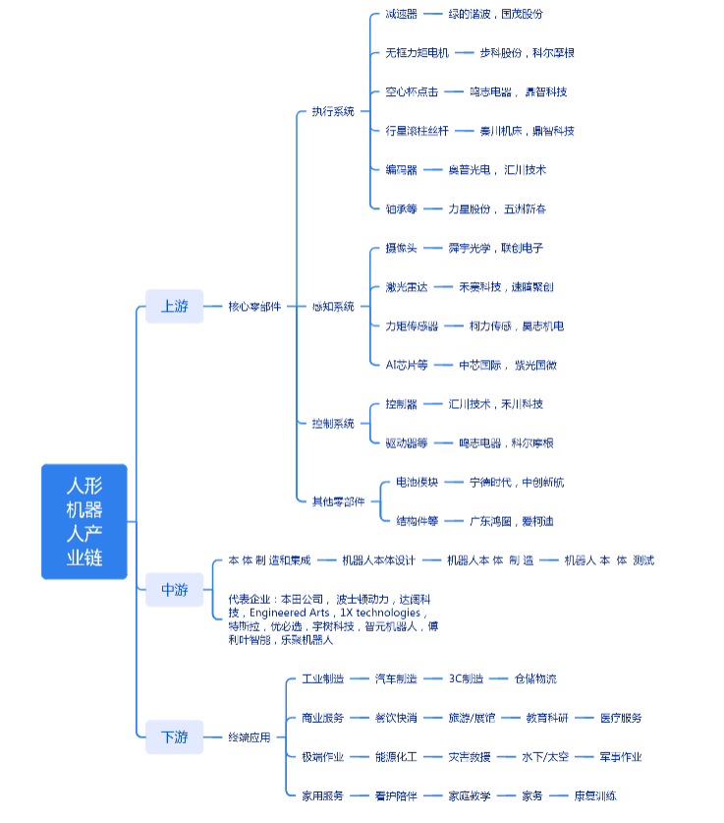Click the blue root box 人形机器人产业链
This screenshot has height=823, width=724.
click(84, 521)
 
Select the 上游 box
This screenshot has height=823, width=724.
click(174, 306)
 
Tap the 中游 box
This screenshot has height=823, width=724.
click(174, 590)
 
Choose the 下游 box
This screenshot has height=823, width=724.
click(174, 736)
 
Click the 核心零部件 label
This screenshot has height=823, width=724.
click(254, 307)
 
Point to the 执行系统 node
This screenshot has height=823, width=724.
click(333, 111)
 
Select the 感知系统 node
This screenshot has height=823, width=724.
click(333, 307)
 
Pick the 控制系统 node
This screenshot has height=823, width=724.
click(333, 424)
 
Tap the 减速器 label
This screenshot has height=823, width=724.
click(401, 14)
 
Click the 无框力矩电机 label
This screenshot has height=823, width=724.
click(417, 53)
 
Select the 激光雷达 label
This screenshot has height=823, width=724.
click(407, 287)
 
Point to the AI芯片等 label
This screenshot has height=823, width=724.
click(407, 365)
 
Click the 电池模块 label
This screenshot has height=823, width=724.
click(417, 483)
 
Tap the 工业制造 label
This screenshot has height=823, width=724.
click(322, 678)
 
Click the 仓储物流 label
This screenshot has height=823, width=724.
click(536, 678)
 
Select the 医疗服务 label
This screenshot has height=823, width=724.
click(621, 718)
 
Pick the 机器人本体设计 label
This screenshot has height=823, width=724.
click(378, 560)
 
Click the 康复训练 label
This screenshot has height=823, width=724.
click(595, 795)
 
